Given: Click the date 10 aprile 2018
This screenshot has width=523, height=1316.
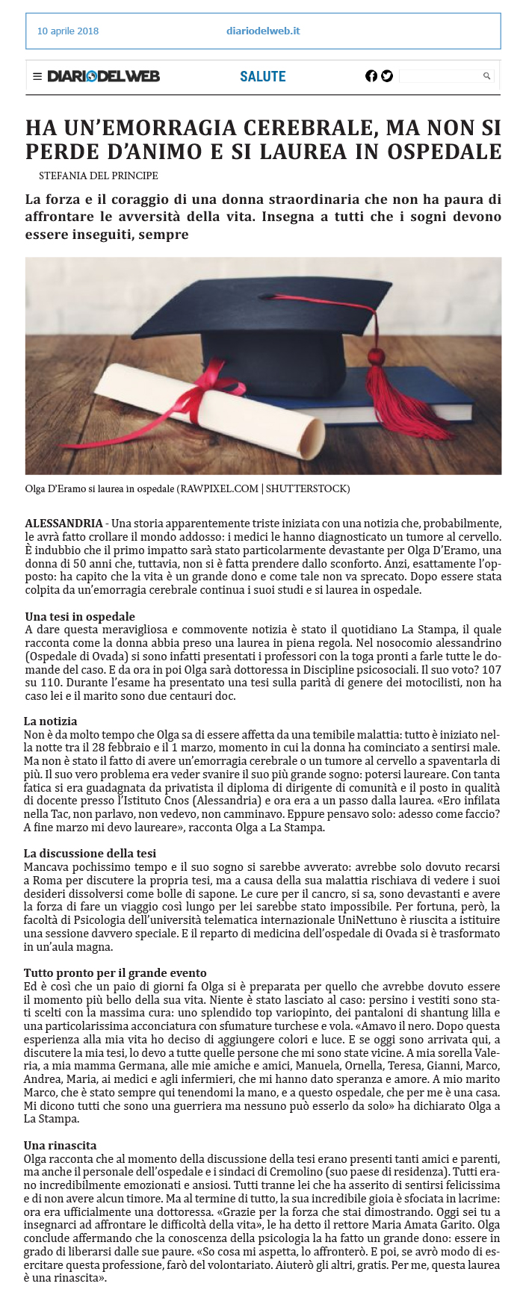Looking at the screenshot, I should tap(67, 31).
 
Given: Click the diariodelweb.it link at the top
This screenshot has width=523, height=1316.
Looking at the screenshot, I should tap(263, 31).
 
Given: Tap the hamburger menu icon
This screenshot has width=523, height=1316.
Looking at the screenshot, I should tap(37, 76).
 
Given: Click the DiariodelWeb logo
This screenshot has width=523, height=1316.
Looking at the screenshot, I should tap(103, 76).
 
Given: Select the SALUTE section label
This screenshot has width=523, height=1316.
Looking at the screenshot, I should tap(263, 76).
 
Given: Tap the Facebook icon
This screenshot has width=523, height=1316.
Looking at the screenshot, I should tap(371, 76).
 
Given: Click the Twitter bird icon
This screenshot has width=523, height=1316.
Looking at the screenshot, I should tap(387, 76).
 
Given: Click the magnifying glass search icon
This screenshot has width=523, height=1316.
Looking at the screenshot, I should tap(487, 76).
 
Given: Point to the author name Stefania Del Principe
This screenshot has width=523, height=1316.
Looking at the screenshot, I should tap(98, 176).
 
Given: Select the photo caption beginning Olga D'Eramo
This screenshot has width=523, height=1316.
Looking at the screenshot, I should tap(187, 489).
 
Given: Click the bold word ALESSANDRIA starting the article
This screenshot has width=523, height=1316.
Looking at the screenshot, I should tap(64, 523).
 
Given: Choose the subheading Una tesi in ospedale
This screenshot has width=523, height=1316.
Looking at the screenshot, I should tap(80, 617).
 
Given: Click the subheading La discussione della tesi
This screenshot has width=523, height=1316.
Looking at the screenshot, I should tap(90, 854).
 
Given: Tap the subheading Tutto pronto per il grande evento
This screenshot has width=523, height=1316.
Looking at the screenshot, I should tap(115, 973).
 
